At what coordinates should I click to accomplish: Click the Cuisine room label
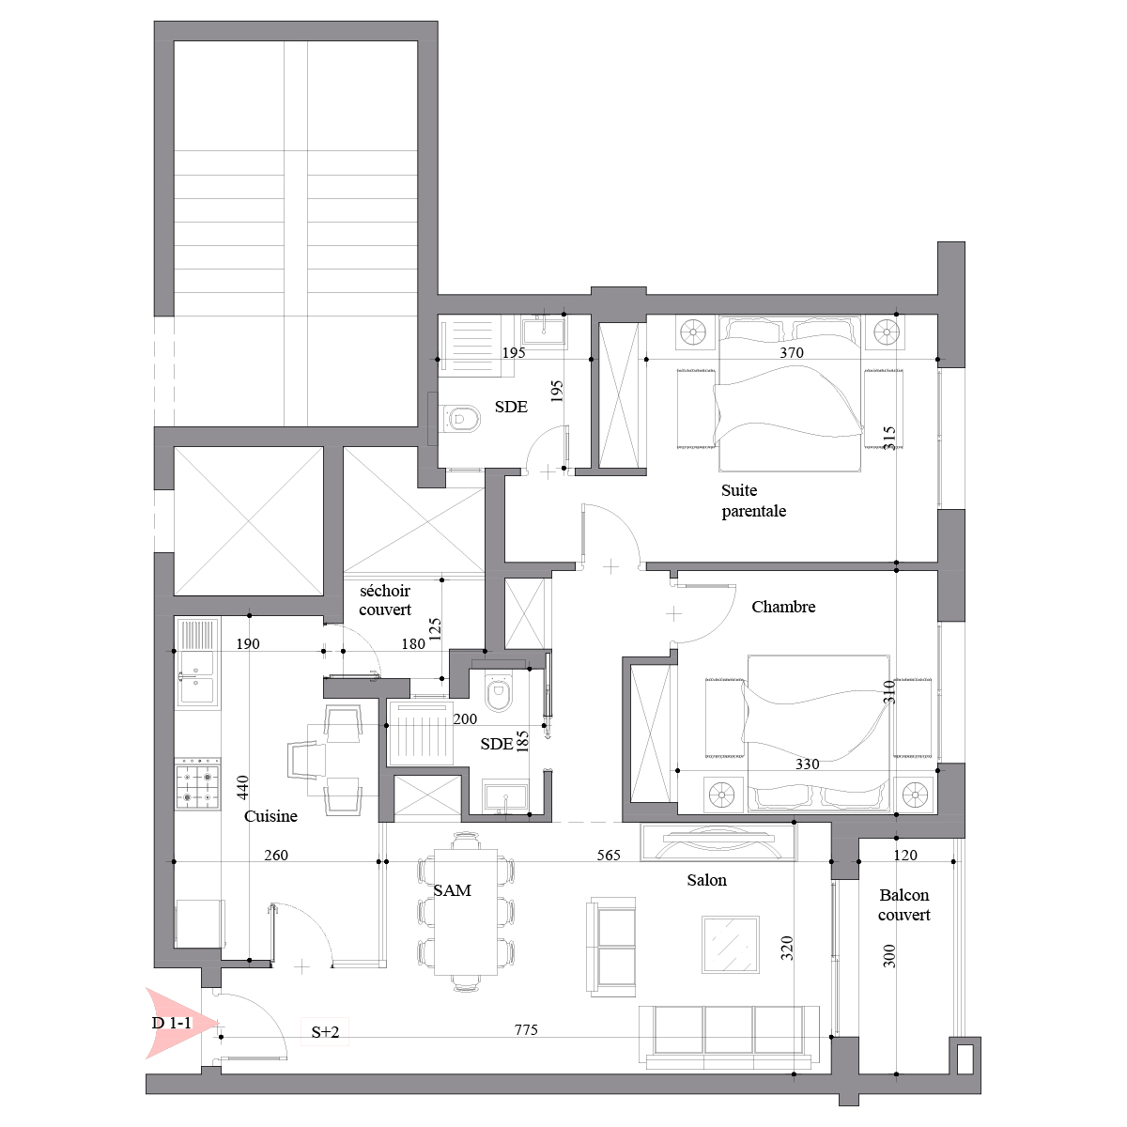pos(270,816)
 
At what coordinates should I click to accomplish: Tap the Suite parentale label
pos(753,501)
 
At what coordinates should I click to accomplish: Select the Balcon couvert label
pos(903,904)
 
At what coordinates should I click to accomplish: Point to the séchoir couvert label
pos(385,600)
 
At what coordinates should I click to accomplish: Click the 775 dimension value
pos(526,1030)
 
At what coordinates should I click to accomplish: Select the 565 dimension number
pos(609,855)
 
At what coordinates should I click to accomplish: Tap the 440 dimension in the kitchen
pos(242,787)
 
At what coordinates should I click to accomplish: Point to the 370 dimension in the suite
pos(792,353)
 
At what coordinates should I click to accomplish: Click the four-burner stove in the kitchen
pos(197,787)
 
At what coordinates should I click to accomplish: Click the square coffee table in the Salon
pos(731,945)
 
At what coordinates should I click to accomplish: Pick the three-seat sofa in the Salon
pos(730,1038)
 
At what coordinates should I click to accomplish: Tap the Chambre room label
pos(783,607)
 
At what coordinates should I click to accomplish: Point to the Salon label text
pos(706,880)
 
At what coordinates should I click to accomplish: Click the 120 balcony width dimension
pos(905,855)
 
